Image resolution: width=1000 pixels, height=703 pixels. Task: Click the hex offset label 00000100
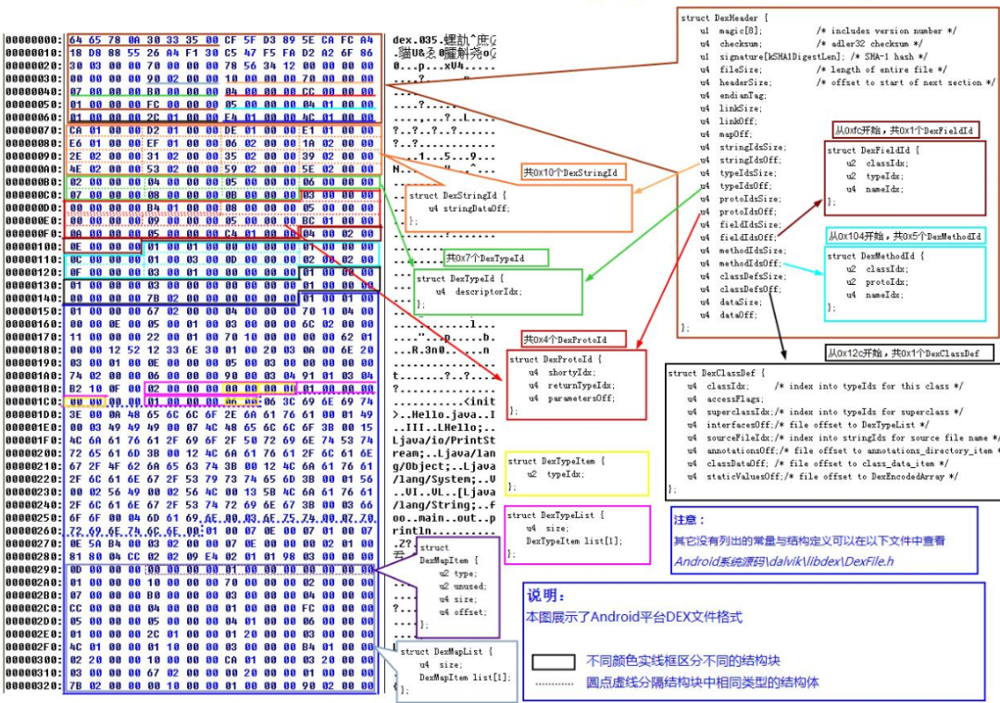tap(32, 247)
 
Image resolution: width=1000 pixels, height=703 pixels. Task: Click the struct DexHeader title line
tap(724, 18)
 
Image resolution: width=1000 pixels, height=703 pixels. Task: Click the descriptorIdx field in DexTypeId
tap(485, 290)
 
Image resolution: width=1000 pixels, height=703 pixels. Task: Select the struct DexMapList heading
tap(441, 652)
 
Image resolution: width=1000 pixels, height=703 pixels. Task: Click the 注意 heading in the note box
tap(690, 520)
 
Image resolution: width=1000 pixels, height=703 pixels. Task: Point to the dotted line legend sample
tap(554, 684)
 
